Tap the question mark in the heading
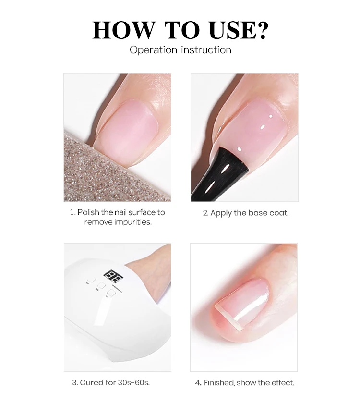click(x=262, y=30)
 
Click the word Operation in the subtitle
click(x=154, y=50)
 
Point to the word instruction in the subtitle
click(x=206, y=50)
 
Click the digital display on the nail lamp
click(x=113, y=275)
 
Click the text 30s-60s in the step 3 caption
click(x=133, y=382)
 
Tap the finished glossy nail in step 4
click(x=242, y=304)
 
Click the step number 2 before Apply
click(x=205, y=213)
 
